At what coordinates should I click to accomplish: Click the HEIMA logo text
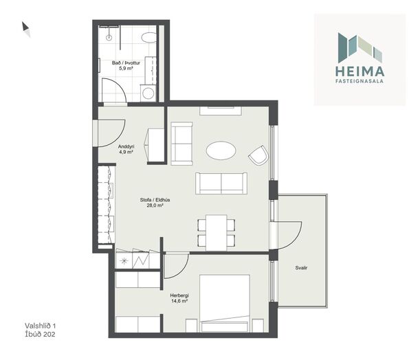click(360, 71)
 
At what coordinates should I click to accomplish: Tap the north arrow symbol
click(25, 29)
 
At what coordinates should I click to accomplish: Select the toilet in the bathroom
click(149, 38)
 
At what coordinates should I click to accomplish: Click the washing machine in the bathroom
click(148, 93)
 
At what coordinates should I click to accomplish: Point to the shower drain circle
click(109, 38)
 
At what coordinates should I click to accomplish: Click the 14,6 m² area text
click(179, 301)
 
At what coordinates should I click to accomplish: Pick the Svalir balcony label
click(301, 268)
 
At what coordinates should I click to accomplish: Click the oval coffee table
click(221, 150)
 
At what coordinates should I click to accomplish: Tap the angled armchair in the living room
click(258, 155)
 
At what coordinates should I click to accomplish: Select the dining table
click(217, 233)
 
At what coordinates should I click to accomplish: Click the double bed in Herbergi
click(225, 304)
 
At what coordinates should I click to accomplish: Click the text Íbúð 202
click(40, 335)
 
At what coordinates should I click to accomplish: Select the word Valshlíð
click(38, 326)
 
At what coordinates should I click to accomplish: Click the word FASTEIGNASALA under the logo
click(360, 81)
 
